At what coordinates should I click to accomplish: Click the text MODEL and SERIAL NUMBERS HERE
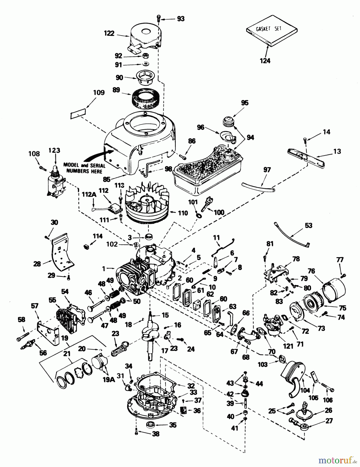84,168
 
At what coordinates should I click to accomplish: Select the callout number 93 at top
181,19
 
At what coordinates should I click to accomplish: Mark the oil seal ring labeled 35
150,425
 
